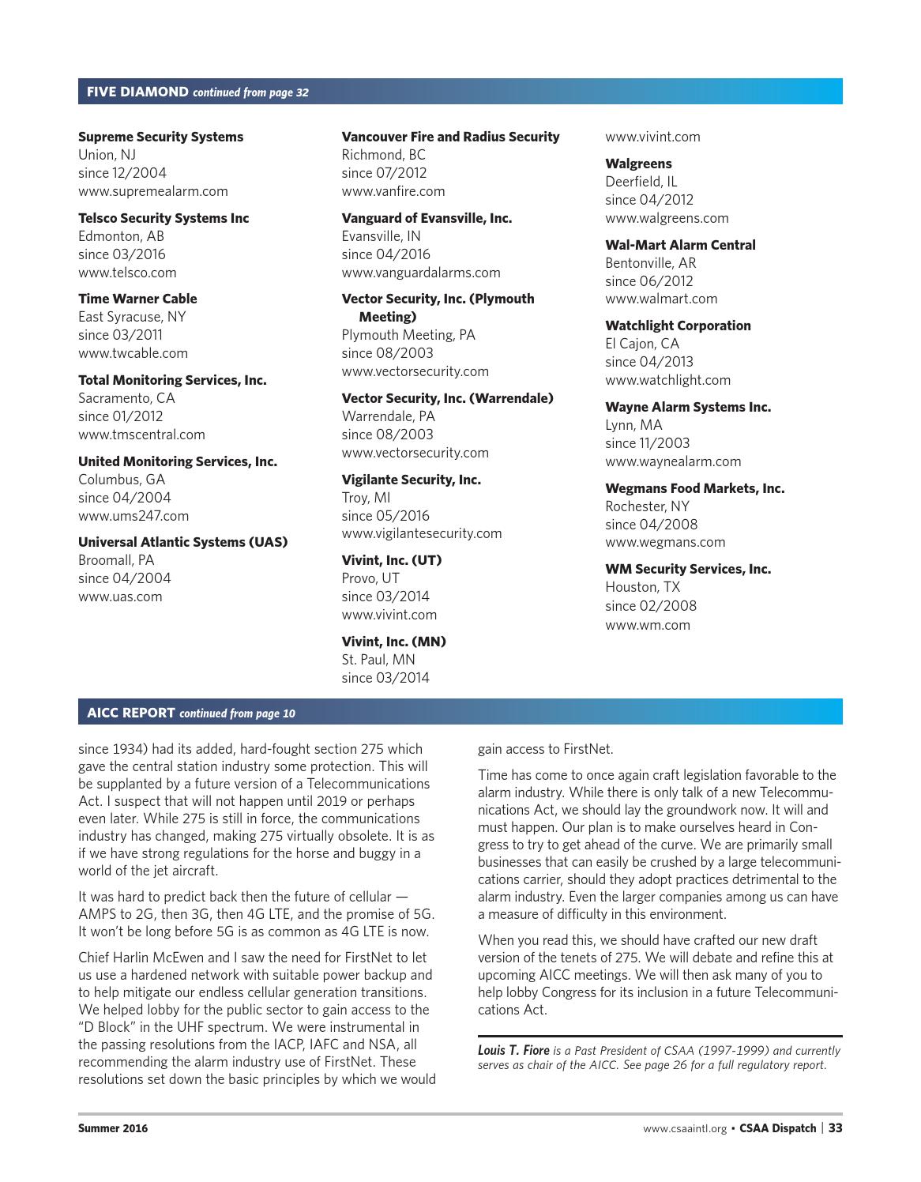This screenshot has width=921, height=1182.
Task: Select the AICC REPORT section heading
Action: coord(131,713)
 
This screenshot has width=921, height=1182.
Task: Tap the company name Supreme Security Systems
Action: coord(160,137)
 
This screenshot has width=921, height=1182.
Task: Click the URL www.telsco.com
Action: coord(127,273)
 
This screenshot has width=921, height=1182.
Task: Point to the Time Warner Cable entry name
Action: coord(137,299)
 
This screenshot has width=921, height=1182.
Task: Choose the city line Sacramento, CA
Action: coord(126,398)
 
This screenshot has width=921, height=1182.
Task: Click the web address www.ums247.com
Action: coord(133,516)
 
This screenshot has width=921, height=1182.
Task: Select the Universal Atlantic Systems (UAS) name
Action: coord(182,542)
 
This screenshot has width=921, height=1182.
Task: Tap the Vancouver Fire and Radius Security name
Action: coord(450,137)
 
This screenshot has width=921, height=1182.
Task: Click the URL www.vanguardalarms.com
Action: coord(421,273)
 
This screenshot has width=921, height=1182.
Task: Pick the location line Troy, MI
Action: coord(366,498)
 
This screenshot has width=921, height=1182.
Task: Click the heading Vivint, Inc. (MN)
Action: coord(393,642)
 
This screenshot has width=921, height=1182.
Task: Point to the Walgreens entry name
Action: coord(638,164)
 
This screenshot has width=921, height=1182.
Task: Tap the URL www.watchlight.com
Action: coord(667,380)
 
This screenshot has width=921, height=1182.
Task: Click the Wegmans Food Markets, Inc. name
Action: coord(694,488)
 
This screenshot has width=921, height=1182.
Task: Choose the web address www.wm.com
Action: coord(647,625)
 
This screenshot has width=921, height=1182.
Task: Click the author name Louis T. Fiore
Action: coord(513,1051)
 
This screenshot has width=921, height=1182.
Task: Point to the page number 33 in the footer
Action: coord(835,1128)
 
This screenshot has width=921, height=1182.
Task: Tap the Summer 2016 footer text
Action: coord(112,1128)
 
